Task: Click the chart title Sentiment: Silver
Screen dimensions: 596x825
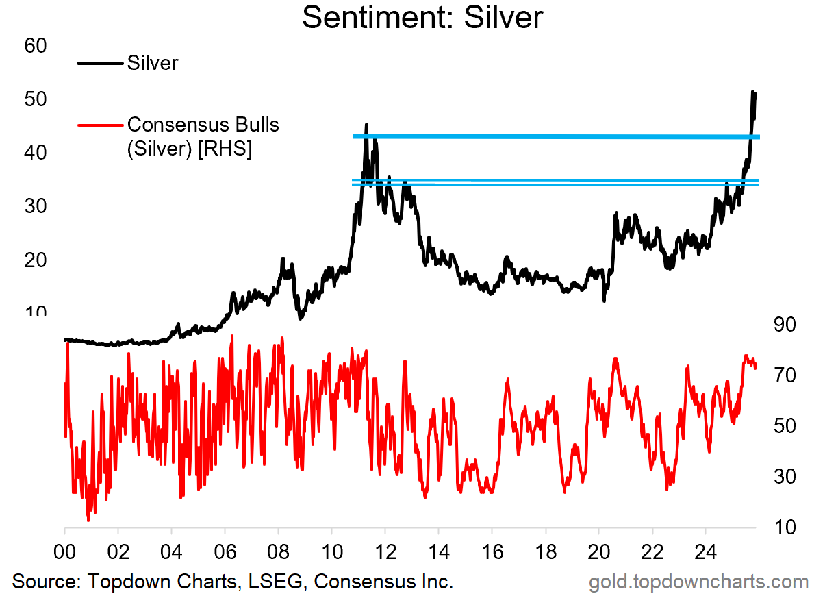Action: pos(422,18)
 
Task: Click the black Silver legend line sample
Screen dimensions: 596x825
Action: pos(101,63)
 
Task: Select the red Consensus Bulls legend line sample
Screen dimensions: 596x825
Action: pos(101,125)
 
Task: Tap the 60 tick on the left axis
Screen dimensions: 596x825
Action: pos(36,47)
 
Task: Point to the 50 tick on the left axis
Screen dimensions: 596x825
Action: pos(36,99)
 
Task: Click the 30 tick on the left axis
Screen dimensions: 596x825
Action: pos(36,206)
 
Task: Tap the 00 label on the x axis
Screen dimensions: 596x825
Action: pos(65,551)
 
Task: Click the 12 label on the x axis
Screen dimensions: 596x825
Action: pos(385,551)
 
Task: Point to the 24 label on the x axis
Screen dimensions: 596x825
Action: pos(706,551)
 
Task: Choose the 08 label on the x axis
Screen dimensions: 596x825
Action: pos(279,551)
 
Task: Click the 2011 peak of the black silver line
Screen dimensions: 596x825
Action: pos(366,125)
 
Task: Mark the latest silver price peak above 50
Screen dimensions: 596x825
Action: pos(753,91)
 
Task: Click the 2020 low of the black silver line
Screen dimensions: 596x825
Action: pos(604,300)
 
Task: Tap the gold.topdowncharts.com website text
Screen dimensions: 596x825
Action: pos(698,582)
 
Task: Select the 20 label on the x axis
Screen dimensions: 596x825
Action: pos(599,551)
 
